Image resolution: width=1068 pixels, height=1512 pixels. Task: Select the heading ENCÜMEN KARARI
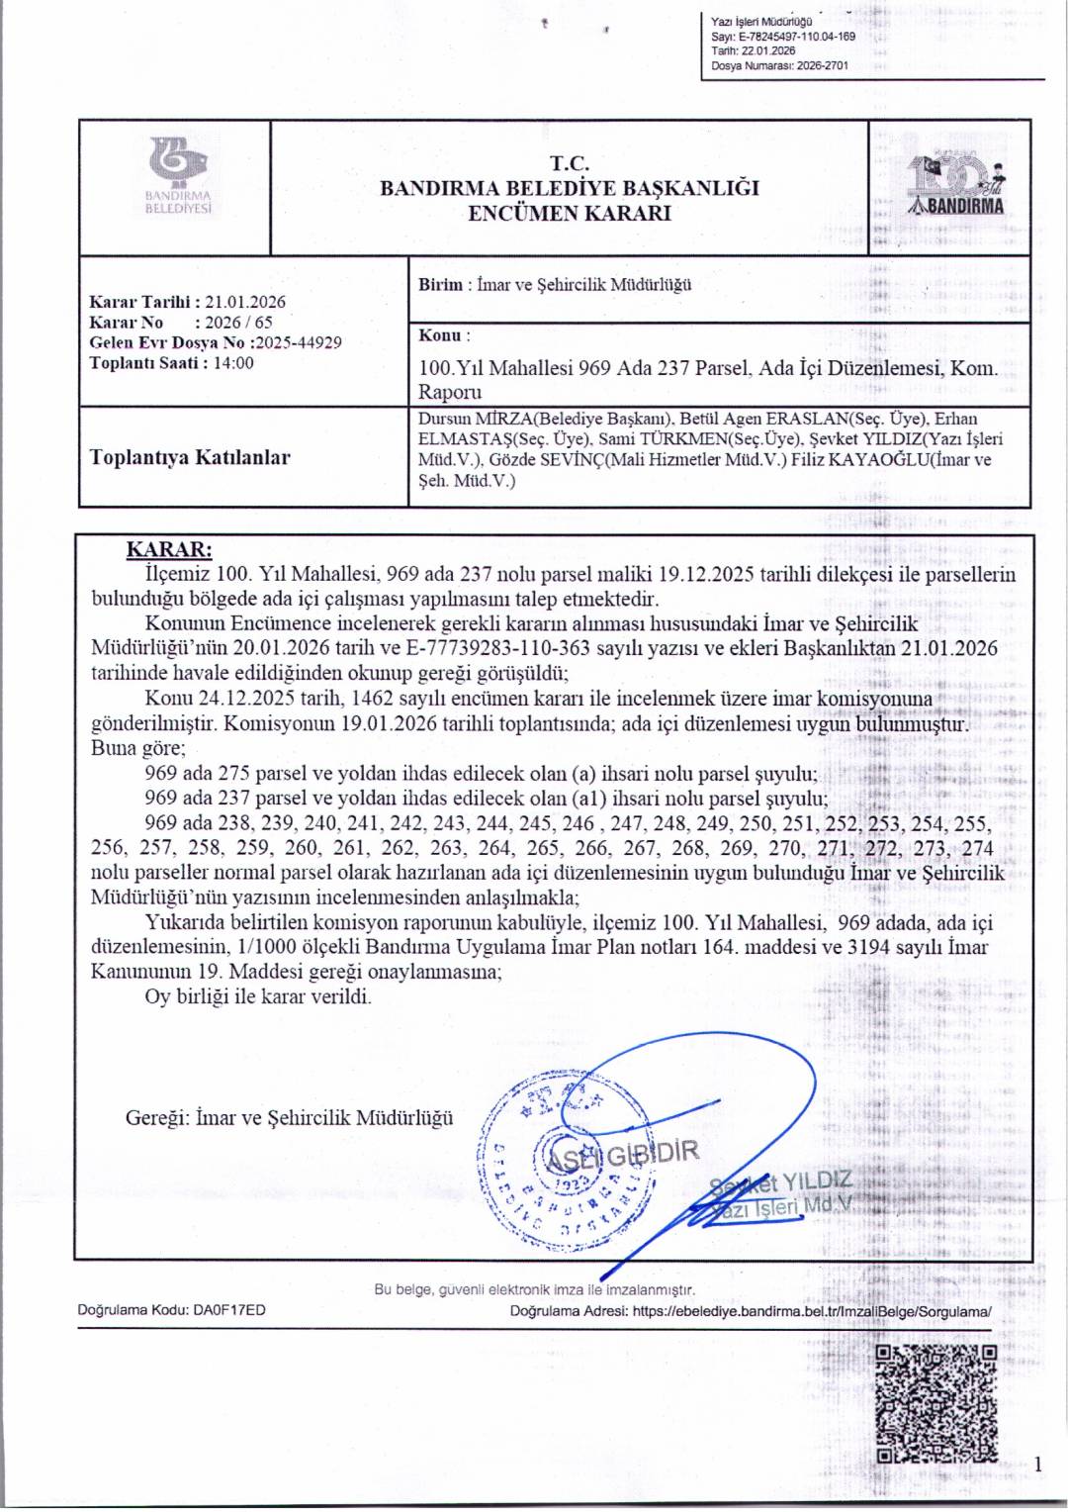570,213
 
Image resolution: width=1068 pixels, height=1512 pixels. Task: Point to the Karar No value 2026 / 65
237,323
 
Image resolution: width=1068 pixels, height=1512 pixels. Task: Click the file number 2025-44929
299,342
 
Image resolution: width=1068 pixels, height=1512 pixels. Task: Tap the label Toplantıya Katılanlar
190,457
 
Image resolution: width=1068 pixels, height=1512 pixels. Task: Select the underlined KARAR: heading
169,550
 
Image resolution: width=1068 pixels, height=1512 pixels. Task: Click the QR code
936,1404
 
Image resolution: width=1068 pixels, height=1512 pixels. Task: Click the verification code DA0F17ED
229,1310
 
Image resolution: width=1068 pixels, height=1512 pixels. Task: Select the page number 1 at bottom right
1037,1464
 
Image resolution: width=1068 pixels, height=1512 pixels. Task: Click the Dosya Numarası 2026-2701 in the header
822,66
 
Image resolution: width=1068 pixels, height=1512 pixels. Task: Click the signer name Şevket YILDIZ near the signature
781,1181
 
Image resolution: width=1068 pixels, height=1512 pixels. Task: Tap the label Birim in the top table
440,285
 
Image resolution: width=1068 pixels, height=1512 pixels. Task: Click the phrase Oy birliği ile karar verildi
258,996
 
